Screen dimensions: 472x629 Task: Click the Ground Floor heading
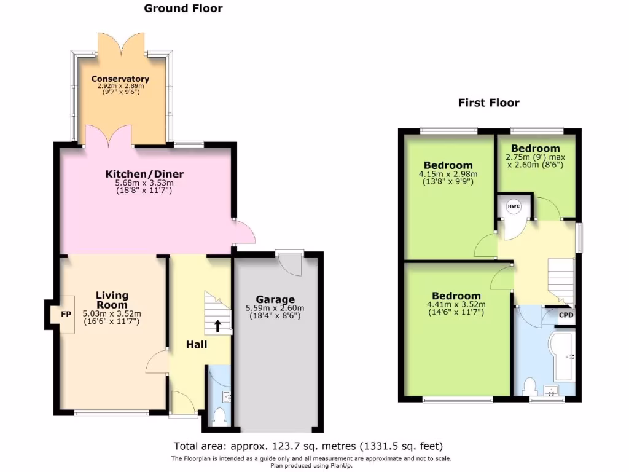(x=183, y=9)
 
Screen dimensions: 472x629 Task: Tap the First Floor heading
(x=488, y=103)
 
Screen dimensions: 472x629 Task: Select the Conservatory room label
(x=120, y=79)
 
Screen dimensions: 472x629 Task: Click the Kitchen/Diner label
(x=145, y=175)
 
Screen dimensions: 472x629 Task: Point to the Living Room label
(x=112, y=301)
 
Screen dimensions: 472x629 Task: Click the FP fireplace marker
(x=66, y=313)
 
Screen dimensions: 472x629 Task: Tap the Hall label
(x=197, y=344)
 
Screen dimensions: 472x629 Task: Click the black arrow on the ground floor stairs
(x=217, y=325)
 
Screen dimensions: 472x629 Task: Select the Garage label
(x=275, y=300)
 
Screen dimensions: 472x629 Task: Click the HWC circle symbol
(x=514, y=207)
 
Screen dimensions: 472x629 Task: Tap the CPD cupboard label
(x=566, y=315)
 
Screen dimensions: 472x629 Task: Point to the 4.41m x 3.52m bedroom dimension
(x=456, y=304)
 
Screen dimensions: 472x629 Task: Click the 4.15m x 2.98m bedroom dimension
(x=448, y=174)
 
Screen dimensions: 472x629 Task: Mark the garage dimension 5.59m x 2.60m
(x=275, y=308)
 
